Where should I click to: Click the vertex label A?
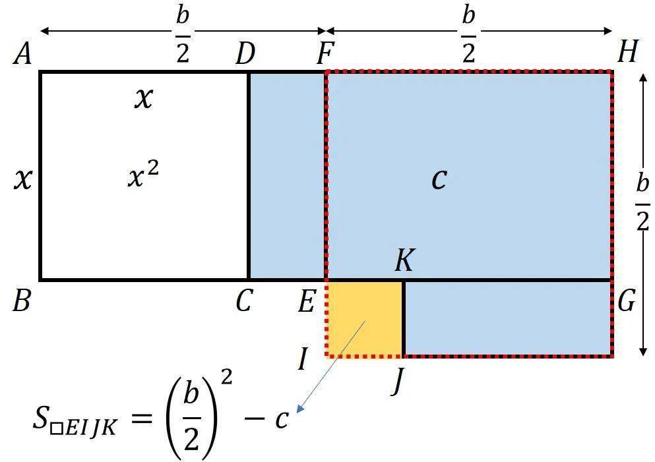[22, 55]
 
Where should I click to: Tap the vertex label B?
[21, 301]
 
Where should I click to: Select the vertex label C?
[244, 301]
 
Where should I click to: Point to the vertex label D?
[245, 55]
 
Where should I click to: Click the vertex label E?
[306, 301]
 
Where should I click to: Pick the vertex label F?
[325, 55]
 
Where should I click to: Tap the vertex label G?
[627, 301]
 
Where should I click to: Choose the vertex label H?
[628, 52]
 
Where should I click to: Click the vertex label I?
[303, 359]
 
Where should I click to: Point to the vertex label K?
[404, 261]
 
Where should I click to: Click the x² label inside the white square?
[143, 176]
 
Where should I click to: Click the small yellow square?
[364, 318]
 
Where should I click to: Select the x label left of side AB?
[23, 179]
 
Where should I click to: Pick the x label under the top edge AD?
[144, 99]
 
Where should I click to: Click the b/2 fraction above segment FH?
[469, 35]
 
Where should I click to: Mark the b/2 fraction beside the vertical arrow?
[643, 203]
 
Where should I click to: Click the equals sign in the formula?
[141, 418]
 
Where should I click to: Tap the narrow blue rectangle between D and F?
[287, 175]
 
